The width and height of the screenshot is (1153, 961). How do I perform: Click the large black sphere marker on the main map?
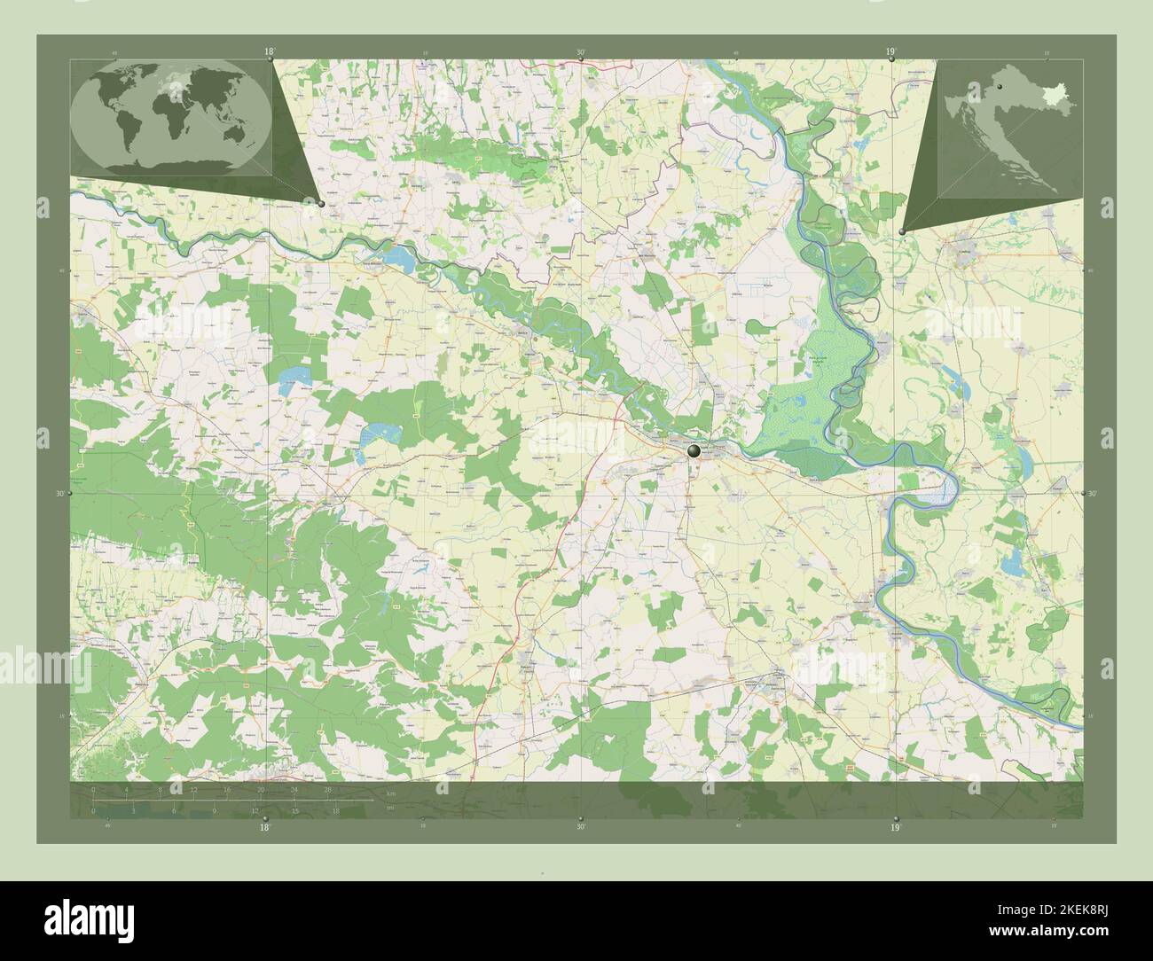coord(694,451)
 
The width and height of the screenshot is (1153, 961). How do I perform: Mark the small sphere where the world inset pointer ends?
coord(321,203)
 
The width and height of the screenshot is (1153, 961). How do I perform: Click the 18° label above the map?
coord(269,52)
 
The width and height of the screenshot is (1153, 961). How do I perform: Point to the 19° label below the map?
coord(895,827)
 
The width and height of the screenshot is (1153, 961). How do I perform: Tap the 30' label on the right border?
coord(1092,493)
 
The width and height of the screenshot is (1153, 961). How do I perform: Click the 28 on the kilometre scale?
coord(328,789)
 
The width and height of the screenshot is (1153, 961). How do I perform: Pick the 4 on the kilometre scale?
coord(128,789)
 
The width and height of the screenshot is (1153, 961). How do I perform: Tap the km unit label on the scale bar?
coord(390,793)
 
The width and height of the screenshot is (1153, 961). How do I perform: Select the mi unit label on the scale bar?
coord(390,807)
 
